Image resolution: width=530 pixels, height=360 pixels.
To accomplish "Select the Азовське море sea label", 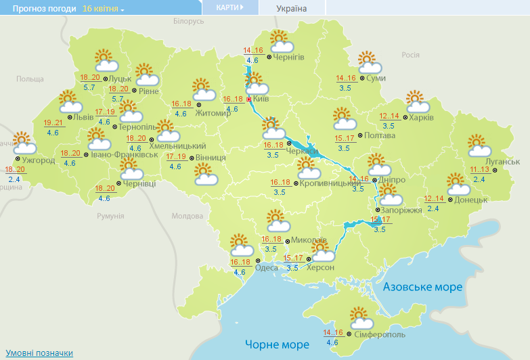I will (x=422, y=287).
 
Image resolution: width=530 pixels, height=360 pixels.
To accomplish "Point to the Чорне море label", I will (x=276, y=344).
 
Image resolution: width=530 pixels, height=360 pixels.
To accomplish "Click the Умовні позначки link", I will (x=39, y=353).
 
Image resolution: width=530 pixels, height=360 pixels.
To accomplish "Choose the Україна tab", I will (x=292, y=8).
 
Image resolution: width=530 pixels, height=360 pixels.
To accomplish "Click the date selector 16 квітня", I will (x=103, y=8).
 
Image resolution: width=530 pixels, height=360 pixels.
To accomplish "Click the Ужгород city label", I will (x=37, y=160).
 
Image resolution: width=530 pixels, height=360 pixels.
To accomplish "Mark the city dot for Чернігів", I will (x=269, y=58).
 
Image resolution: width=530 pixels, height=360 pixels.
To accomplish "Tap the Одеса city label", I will (x=266, y=267).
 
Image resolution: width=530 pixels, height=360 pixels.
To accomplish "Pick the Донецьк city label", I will (x=471, y=200).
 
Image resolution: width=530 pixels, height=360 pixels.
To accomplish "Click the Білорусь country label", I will (x=188, y=22).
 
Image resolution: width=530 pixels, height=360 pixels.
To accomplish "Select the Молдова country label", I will (x=187, y=216).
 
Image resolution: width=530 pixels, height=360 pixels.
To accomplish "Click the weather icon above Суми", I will (x=369, y=62).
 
